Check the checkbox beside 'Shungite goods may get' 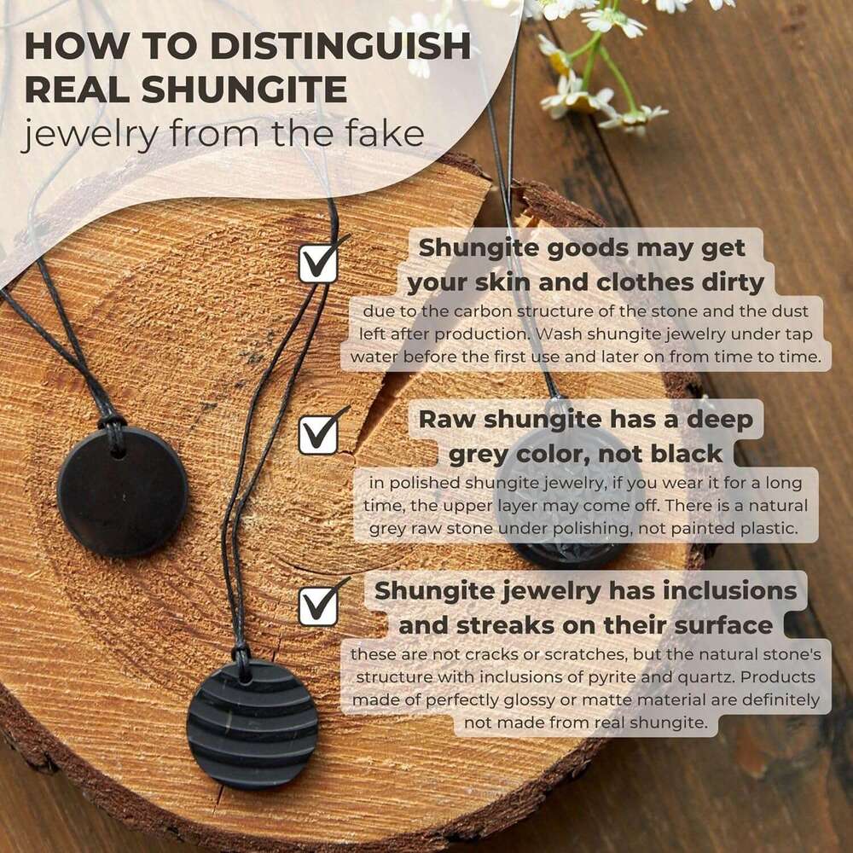click(x=318, y=264)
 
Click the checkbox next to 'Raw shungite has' click(x=318, y=435)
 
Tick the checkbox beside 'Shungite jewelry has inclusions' click(x=318, y=606)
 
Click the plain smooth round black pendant click(x=122, y=493)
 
